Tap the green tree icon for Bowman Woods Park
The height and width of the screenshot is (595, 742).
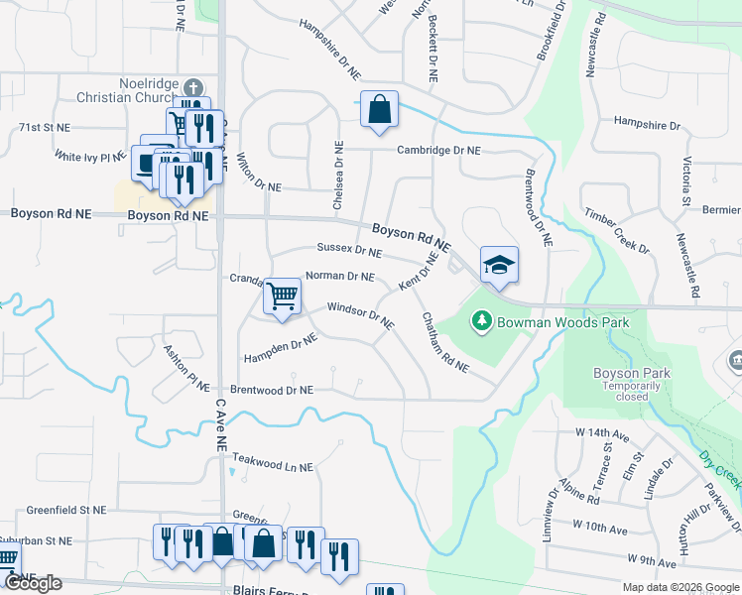pyautogui.click(x=481, y=321)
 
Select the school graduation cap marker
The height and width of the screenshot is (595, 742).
pyautogui.click(x=499, y=265)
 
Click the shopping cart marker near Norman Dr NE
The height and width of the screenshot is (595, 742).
pyautogui.click(x=283, y=296)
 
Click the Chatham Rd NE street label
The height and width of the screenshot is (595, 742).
pyautogui.click(x=444, y=343)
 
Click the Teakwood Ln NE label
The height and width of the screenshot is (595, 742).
pyautogui.click(x=272, y=462)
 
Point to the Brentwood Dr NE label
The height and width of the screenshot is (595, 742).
pyautogui.click(x=272, y=391)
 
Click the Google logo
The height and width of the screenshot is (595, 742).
pyautogui.click(x=34, y=583)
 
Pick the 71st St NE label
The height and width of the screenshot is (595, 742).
pyautogui.click(x=45, y=128)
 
